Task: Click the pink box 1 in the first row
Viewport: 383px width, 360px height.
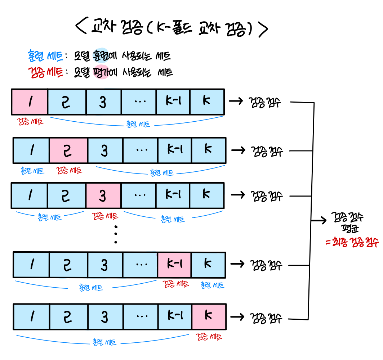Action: click(x=30, y=102)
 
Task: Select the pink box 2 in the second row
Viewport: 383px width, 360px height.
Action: click(x=68, y=150)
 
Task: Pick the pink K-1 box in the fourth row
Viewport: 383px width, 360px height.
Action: click(x=174, y=265)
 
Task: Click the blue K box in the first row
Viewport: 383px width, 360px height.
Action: click(x=207, y=102)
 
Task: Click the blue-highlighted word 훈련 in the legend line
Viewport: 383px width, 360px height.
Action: click(x=101, y=55)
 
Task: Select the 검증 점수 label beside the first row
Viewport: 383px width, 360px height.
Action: click(x=264, y=102)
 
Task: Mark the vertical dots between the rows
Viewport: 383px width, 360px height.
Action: click(x=116, y=234)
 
